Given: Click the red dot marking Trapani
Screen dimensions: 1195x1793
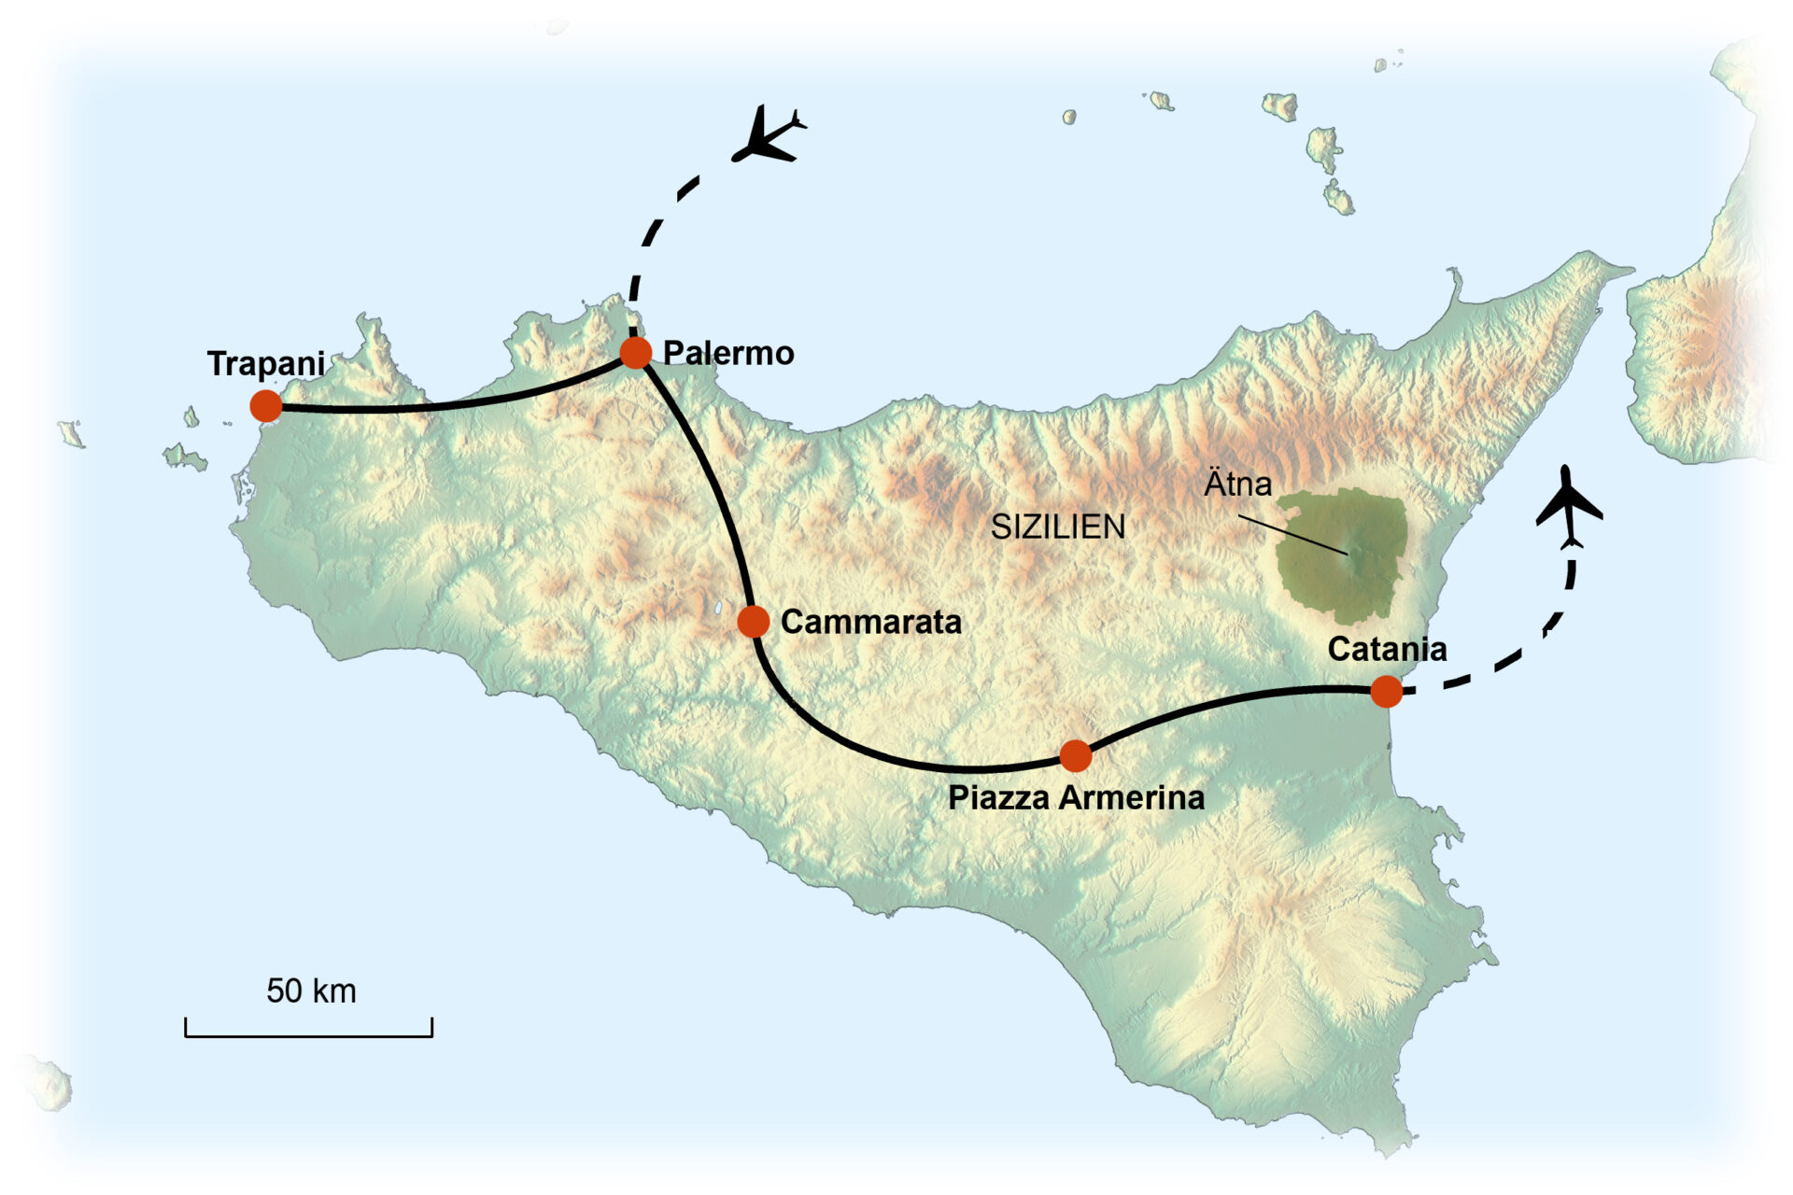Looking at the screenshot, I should pyautogui.click(x=266, y=406).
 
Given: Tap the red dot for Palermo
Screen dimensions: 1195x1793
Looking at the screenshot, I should pyautogui.click(x=636, y=353).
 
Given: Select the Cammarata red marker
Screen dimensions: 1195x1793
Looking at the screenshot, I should pyautogui.click(x=753, y=621).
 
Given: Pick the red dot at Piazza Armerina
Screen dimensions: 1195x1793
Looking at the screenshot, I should pyautogui.click(x=1076, y=755).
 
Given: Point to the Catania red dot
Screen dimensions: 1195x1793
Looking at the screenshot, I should pyautogui.click(x=1387, y=692).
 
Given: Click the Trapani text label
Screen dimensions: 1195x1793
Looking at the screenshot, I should pyautogui.click(x=266, y=363).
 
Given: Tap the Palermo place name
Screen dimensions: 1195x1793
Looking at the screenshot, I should pyautogui.click(x=728, y=353).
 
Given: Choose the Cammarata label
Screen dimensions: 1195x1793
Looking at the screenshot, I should pyautogui.click(x=870, y=622).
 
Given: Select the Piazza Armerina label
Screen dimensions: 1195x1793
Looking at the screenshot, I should pyautogui.click(x=1076, y=798).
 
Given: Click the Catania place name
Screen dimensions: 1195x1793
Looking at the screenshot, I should pyautogui.click(x=1387, y=649).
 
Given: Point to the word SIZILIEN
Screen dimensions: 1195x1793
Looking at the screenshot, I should pyautogui.click(x=1058, y=527).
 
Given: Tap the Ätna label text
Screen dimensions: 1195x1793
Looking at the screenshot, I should pyautogui.click(x=1237, y=485).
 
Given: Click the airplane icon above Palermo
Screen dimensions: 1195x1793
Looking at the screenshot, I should pyautogui.click(x=768, y=136).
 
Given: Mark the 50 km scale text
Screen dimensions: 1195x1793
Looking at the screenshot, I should pyautogui.click(x=311, y=991).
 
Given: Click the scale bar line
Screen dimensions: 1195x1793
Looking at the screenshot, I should pyautogui.click(x=308, y=1035).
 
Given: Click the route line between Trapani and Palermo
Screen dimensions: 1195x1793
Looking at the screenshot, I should pyautogui.click(x=448, y=406).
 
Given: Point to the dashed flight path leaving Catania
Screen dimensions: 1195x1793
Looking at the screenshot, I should pyautogui.click(x=1532, y=644).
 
